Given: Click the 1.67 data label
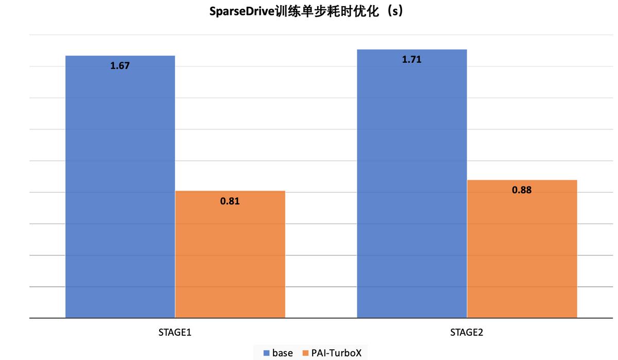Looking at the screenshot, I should click(120, 66).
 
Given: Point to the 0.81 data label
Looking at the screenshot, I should click(230, 201).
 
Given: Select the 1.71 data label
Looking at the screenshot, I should click(411, 60).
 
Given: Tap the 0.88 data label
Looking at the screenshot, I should click(521, 190).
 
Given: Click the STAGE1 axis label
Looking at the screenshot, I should click(175, 333).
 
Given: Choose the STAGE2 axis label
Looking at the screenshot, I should click(467, 333).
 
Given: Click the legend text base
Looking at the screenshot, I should click(282, 353).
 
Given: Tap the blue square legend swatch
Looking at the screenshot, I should click(267, 353).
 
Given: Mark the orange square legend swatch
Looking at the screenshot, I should click(305, 353).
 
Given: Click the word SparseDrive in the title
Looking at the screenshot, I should click(242, 12).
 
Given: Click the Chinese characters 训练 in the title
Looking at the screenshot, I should click(286, 12).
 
